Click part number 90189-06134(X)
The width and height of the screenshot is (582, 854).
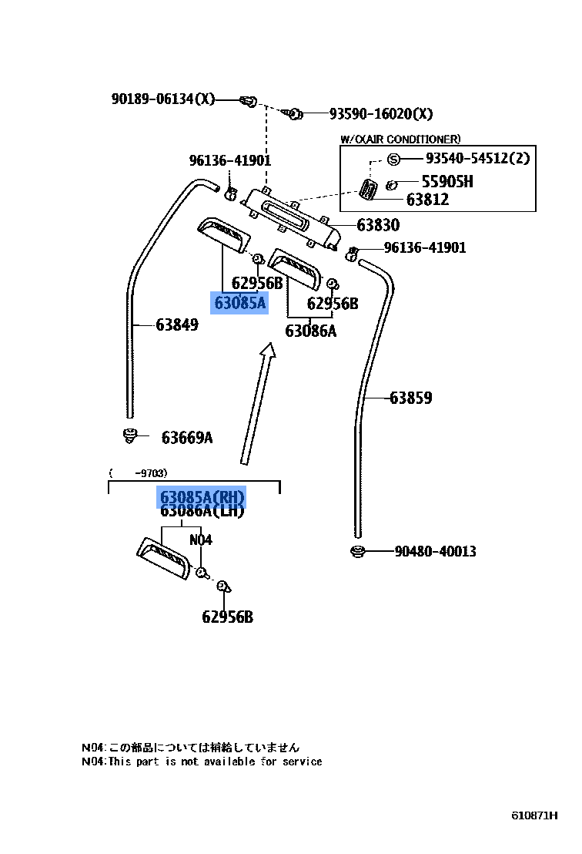coord(163,99)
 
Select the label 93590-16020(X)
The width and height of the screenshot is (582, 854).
coord(381,114)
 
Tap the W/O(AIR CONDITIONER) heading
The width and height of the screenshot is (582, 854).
coord(400,139)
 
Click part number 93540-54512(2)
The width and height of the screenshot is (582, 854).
coord(477,159)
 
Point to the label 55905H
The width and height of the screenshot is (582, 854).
coord(447,182)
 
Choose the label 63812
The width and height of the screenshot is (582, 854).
coord(427,200)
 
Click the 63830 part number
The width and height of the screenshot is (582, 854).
coord(378,225)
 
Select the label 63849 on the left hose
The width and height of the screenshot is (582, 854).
coord(177,324)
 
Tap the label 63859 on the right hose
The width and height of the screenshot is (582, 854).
coord(410,398)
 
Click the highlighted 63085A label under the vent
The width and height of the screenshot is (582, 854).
coord(239,303)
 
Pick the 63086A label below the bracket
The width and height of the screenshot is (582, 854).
coord(311,331)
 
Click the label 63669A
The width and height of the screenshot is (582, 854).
coord(187,438)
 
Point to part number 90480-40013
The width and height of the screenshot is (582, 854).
coord(435,551)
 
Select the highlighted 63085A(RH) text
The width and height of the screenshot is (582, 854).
coord(202,496)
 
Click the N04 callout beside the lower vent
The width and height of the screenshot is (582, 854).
coord(200,540)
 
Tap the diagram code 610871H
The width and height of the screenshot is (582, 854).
coord(534,815)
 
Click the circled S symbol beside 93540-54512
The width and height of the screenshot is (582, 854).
coord(393,159)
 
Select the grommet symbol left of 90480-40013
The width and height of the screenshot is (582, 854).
coord(356,551)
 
